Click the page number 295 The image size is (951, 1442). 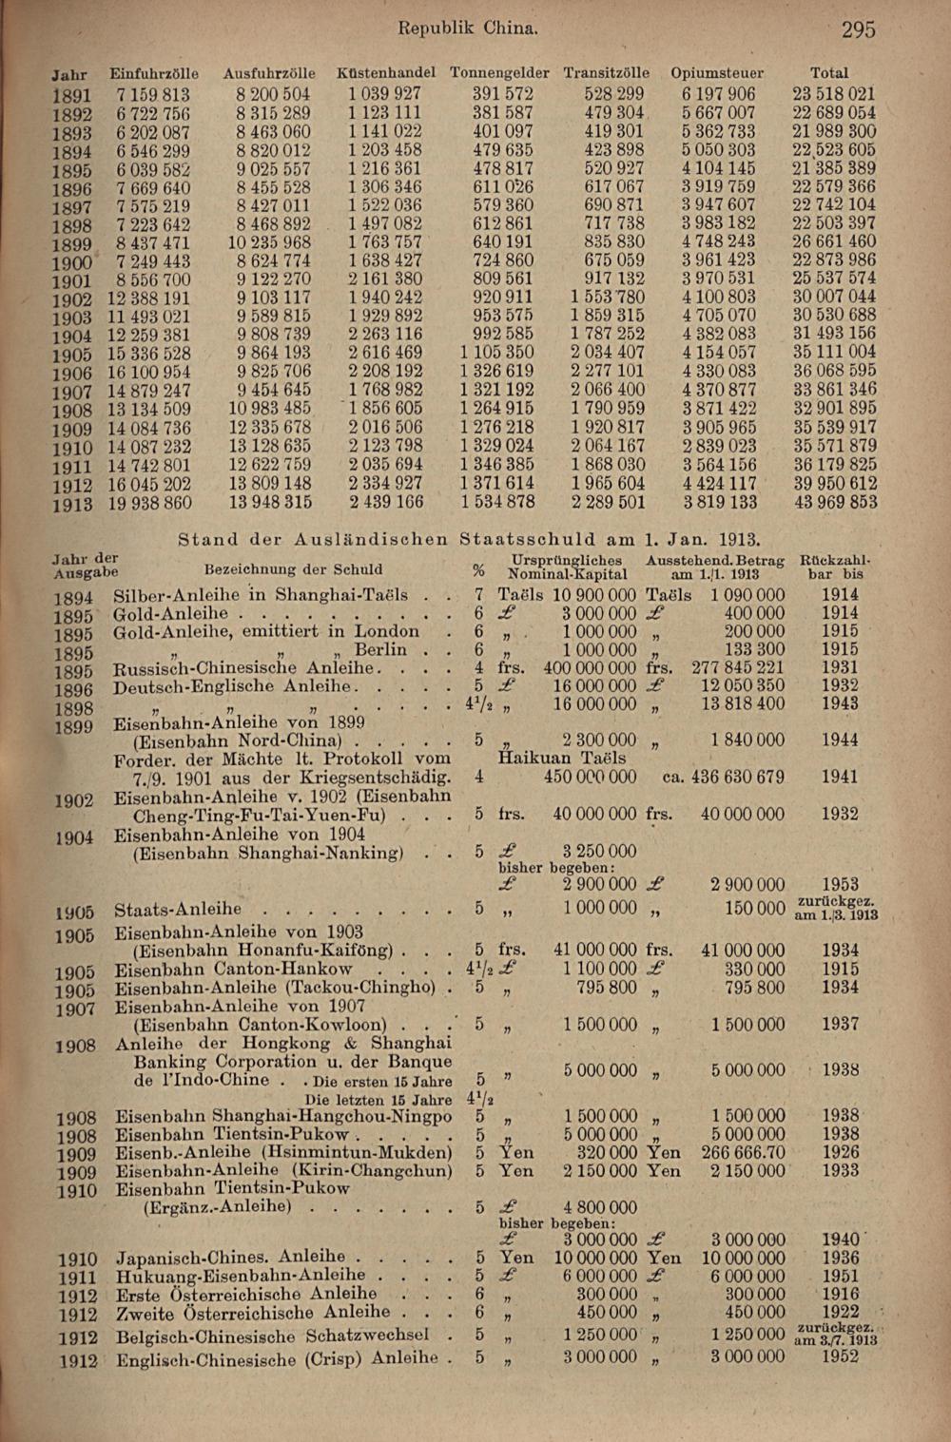858,29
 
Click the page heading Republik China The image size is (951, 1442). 468,29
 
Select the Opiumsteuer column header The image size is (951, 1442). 717,73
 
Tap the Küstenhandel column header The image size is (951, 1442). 386,73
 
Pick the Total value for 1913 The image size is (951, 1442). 834,503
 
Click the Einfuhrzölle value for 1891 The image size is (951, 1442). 153,95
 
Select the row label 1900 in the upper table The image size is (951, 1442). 72,262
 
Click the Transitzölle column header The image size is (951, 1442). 607,73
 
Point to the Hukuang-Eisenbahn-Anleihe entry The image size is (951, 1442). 241,1276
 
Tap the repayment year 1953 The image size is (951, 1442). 841,885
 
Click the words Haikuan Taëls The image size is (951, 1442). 562,759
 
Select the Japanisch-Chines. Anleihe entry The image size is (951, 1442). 231,1257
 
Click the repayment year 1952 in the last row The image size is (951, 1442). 841,1356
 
